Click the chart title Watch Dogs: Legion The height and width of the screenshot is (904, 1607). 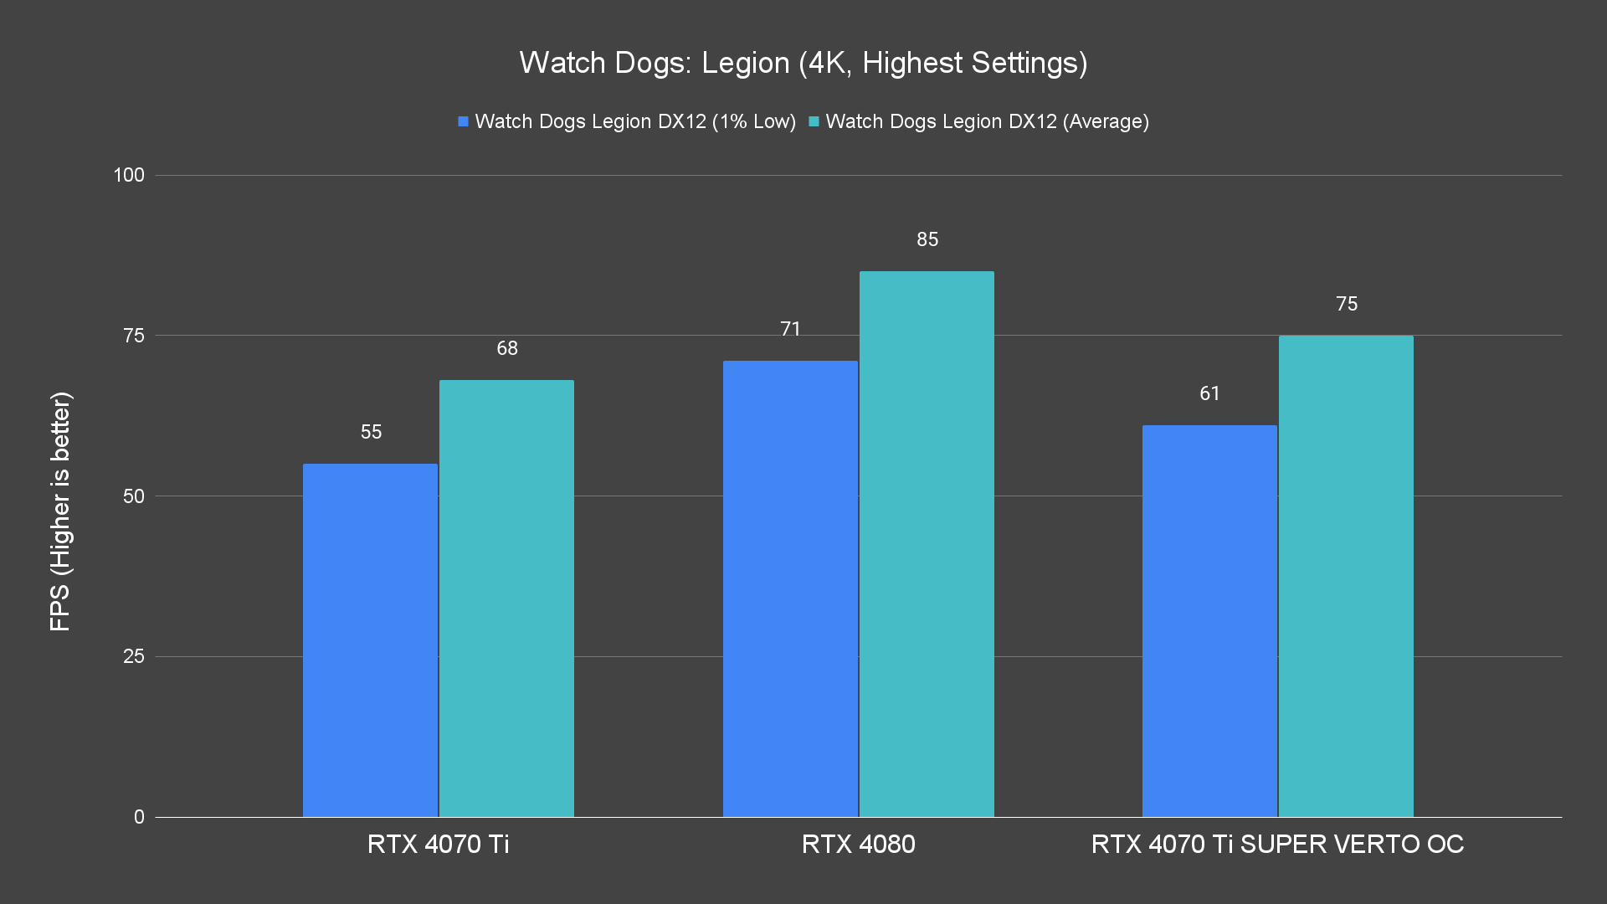(803, 63)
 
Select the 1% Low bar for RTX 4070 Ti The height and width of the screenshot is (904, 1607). (370, 640)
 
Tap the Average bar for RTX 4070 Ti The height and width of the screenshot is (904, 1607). (506, 598)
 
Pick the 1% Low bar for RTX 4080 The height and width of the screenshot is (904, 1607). (790, 588)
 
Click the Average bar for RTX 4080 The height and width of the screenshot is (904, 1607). (927, 544)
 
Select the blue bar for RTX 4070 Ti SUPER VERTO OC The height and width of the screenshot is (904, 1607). (1209, 621)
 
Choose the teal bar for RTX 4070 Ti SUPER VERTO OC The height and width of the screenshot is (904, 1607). (1346, 576)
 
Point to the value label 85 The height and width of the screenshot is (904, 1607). (927, 239)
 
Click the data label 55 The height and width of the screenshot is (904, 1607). (371, 432)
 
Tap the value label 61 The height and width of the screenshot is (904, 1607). (1209, 393)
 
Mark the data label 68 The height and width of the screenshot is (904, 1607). (507, 348)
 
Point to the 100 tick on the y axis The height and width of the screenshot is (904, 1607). (129, 175)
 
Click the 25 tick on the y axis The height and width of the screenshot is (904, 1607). (134, 656)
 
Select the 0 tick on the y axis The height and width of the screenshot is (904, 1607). (139, 817)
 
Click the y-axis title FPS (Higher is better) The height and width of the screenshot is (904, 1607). (60, 511)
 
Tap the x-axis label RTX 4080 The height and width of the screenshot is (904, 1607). (858, 844)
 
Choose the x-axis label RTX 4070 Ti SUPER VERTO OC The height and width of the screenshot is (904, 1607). (1277, 844)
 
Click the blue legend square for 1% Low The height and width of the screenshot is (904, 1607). (463, 122)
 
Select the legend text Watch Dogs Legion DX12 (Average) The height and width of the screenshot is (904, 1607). (987, 121)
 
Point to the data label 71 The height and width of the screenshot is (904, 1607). (790, 329)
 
